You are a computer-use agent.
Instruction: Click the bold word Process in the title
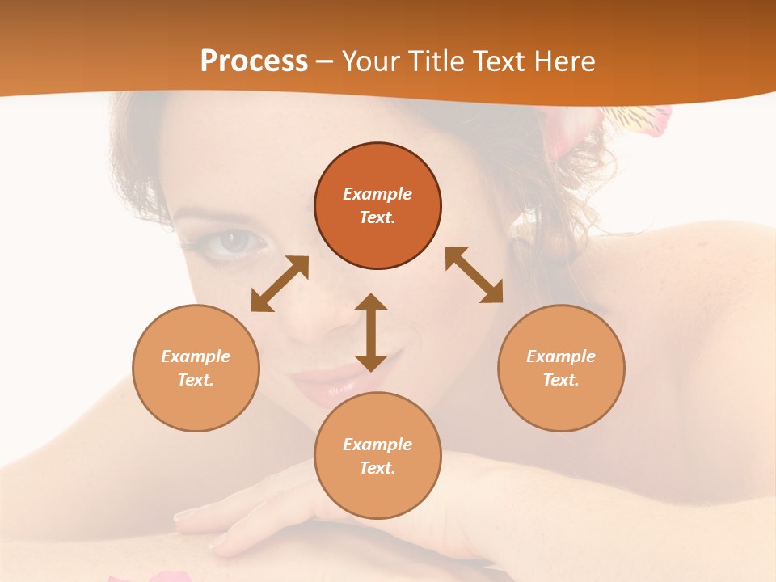(254, 61)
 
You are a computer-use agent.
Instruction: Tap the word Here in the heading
(565, 61)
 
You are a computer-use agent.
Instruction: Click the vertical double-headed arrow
(371, 332)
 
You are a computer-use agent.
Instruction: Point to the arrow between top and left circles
(280, 284)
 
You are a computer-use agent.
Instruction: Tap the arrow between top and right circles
(474, 275)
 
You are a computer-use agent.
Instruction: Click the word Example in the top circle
(377, 194)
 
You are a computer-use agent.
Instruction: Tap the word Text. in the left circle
(196, 380)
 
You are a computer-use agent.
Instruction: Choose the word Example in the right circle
(561, 356)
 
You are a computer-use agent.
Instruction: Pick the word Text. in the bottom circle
(377, 468)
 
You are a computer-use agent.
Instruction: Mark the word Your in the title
(368, 61)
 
